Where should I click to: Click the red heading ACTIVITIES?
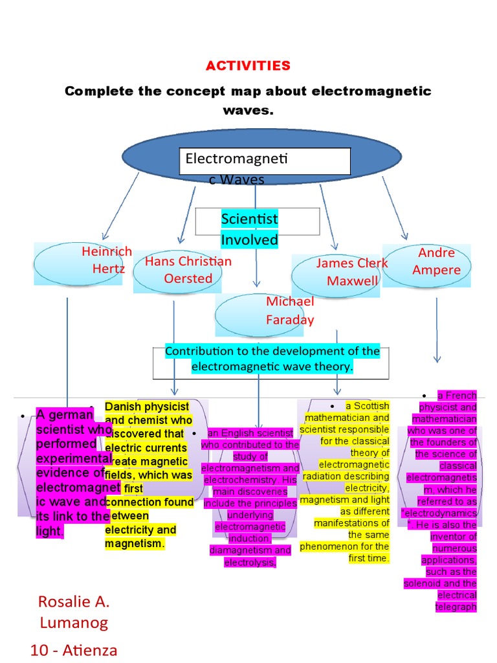point(248,66)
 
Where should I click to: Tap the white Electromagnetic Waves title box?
point(265,161)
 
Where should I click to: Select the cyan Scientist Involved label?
point(249,229)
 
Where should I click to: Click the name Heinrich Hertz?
point(107,260)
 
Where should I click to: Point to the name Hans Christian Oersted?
point(188,270)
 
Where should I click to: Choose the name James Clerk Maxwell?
point(352,272)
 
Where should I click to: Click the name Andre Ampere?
point(436,261)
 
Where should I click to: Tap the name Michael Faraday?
point(290,310)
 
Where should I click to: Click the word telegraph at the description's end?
point(457,607)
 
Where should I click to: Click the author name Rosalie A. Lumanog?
point(74,612)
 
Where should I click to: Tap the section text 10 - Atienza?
point(74,649)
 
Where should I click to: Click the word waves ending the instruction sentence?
point(248,111)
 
